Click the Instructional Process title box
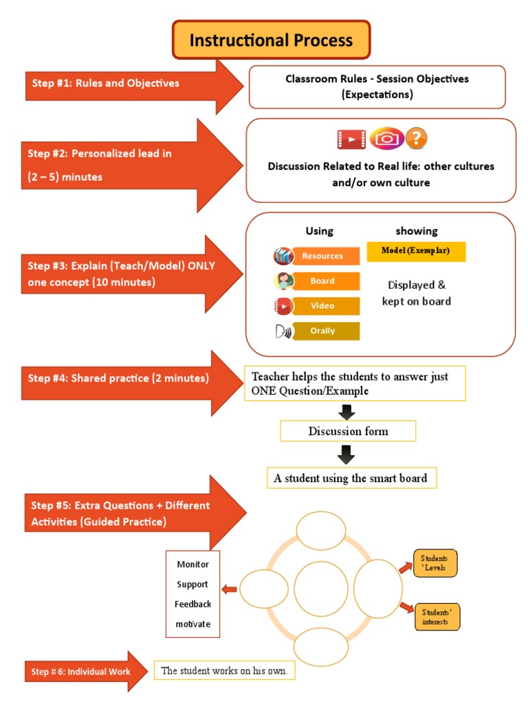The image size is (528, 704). click(x=271, y=39)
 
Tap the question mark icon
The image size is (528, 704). click(x=416, y=138)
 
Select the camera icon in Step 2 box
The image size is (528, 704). click(x=386, y=138)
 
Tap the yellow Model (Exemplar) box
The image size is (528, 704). click(x=416, y=251)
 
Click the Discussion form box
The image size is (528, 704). click(x=348, y=431)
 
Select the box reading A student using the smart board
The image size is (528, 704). click(x=351, y=478)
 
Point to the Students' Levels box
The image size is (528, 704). click(x=435, y=563)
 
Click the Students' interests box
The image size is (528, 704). click(x=437, y=617)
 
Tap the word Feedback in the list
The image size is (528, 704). click(x=193, y=604)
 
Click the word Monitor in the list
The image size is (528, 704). click(x=193, y=564)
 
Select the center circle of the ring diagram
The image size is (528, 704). click(x=321, y=589)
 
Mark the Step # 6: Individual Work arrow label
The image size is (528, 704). click(x=81, y=672)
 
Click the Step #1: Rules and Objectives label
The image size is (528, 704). click(x=105, y=83)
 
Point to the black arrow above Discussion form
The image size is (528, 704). click(x=346, y=412)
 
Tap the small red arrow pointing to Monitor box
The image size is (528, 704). click(x=230, y=589)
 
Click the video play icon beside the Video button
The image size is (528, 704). click(x=283, y=306)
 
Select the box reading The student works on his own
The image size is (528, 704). click(x=225, y=670)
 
